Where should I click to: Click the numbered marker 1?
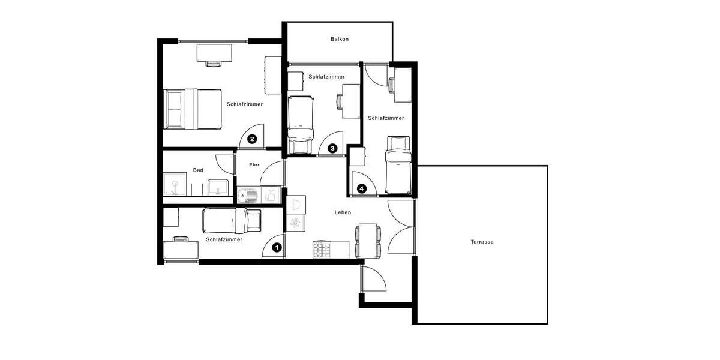(x=277, y=247)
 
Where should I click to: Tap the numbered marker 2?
(x=253, y=139)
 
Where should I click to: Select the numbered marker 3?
(x=332, y=148)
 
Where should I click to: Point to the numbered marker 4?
(x=361, y=188)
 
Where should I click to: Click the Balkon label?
(x=340, y=40)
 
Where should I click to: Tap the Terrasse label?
(x=482, y=242)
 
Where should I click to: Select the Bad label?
(x=198, y=170)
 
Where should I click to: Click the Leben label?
(x=343, y=212)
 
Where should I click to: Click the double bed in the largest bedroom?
(x=193, y=109)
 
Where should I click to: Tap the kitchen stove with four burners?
(x=322, y=250)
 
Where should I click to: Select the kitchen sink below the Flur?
(x=247, y=195)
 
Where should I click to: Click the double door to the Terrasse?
(x=401, y=228)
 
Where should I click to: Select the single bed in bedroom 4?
(x=398, y=164)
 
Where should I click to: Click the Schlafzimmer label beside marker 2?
(x=245, y=104)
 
